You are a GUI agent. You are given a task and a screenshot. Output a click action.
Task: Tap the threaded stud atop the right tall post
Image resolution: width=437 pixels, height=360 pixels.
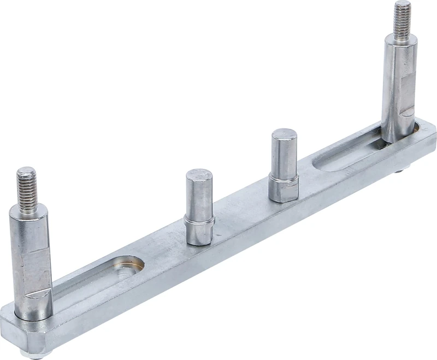(403, 19)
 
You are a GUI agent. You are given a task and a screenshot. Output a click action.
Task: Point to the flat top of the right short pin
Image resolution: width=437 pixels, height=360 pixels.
(284, 135)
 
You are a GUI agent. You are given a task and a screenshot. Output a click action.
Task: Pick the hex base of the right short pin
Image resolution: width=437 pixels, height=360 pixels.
(284, 188)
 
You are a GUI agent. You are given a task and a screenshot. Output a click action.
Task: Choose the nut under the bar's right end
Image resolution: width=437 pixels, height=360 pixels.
(401, 172)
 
